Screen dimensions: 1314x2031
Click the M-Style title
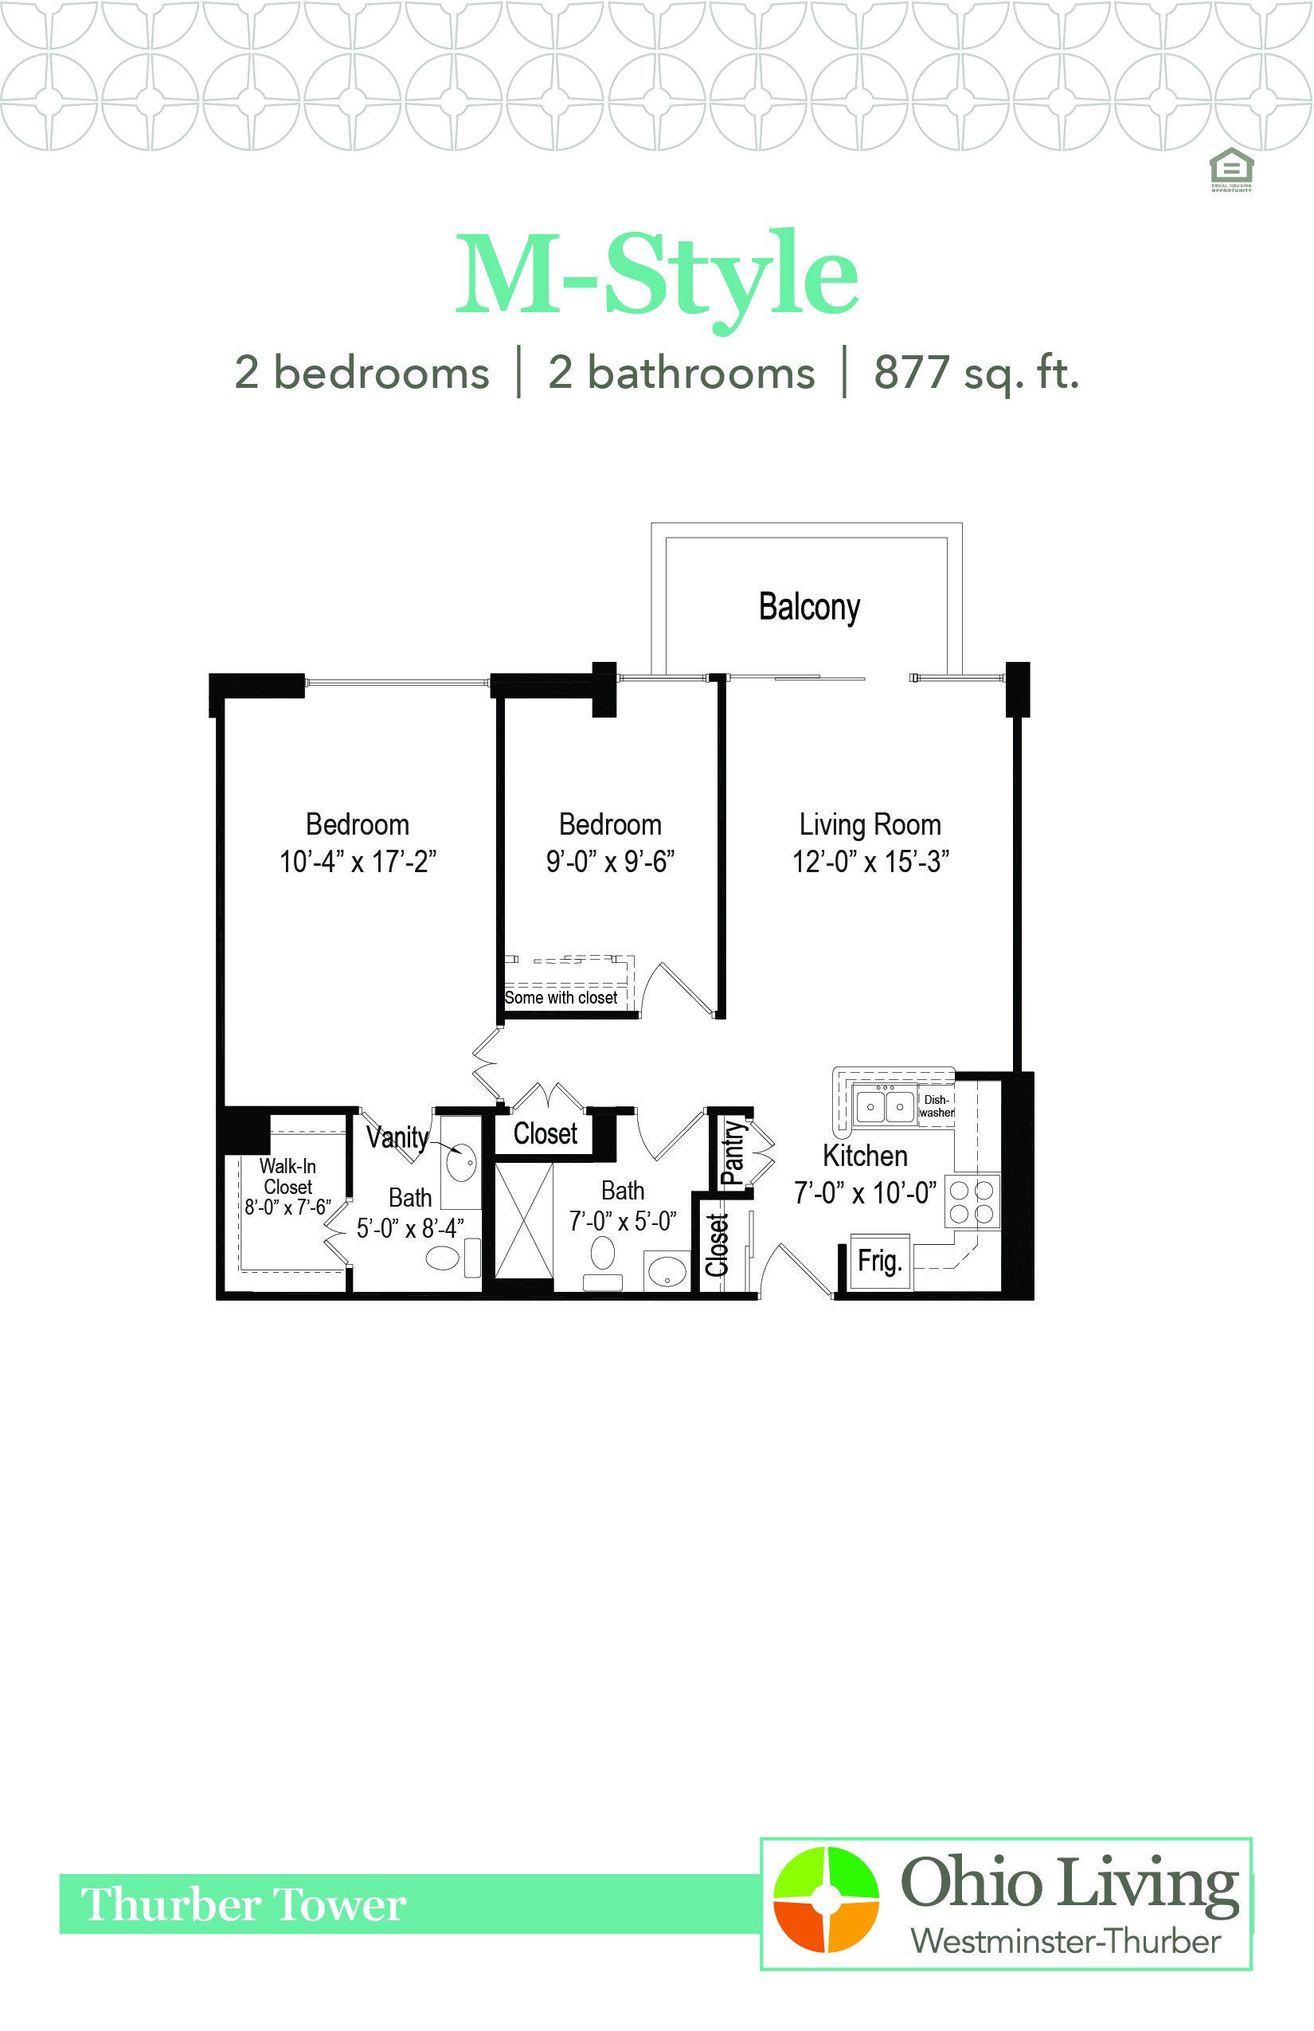(657, 277)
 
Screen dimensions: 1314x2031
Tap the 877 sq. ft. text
(977, 374)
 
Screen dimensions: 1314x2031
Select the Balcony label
(810, 608)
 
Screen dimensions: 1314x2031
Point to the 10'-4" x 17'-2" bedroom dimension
(358, 862)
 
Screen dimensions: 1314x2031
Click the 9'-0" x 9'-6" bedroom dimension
(610, 862)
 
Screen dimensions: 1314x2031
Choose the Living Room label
(870, 824)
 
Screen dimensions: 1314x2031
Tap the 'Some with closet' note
(561, 997)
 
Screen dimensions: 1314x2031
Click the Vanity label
(397, 1137)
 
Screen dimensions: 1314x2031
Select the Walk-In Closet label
(287, 1176)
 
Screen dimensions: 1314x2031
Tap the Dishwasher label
(936, 1106)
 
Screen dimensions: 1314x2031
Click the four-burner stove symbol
(972, 1202)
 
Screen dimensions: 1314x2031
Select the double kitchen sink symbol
(885, 1106)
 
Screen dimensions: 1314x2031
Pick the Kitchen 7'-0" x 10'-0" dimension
(865, 1192)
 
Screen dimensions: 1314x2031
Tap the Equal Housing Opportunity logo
(1231, 170)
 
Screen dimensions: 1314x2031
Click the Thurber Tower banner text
(243, 1904)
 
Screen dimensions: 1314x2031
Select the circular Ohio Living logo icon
(826, 1900)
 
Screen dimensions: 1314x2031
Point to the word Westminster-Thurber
(1066, 1942)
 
